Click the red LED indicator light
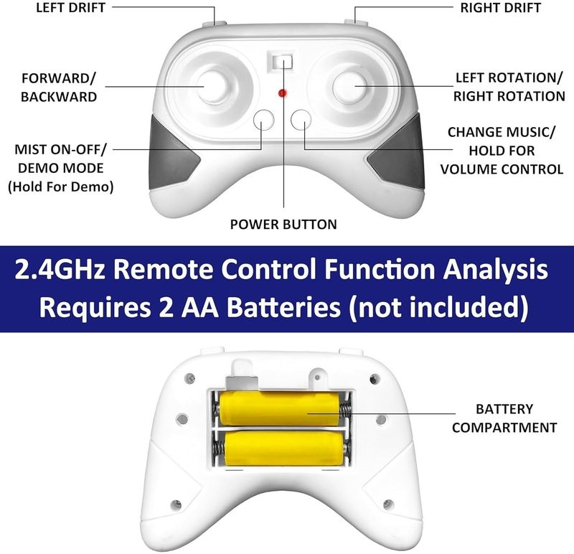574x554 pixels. coord(282,93)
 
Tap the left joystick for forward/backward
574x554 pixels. coord(214,85)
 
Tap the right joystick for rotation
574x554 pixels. coord(350,86)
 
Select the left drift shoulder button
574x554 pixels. coord(214,24)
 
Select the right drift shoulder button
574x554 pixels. coord(356,22)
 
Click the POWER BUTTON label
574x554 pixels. coord(283,224)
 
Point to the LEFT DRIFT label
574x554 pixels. coord(70,8)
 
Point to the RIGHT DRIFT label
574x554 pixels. coord(500,8)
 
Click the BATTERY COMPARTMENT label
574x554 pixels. coord(504,418)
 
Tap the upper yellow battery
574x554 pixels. coord(280,408)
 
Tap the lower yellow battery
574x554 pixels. coord(284,449)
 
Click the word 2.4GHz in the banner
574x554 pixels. coord(60,269)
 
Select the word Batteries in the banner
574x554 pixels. coord(283,307)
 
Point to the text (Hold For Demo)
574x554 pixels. coord(61,187)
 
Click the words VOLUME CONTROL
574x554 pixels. coord(502,169)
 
